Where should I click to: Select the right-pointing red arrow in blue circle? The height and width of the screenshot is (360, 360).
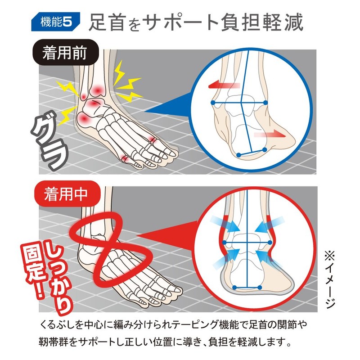(269, 134)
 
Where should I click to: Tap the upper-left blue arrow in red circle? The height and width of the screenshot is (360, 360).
(225, 222)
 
